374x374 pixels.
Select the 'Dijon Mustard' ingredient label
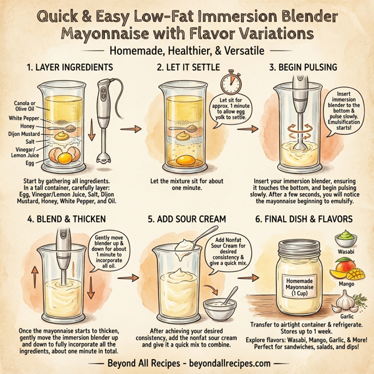(24, 133)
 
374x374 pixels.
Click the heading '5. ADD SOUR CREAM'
(187, 219)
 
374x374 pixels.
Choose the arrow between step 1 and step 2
(128, 129)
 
